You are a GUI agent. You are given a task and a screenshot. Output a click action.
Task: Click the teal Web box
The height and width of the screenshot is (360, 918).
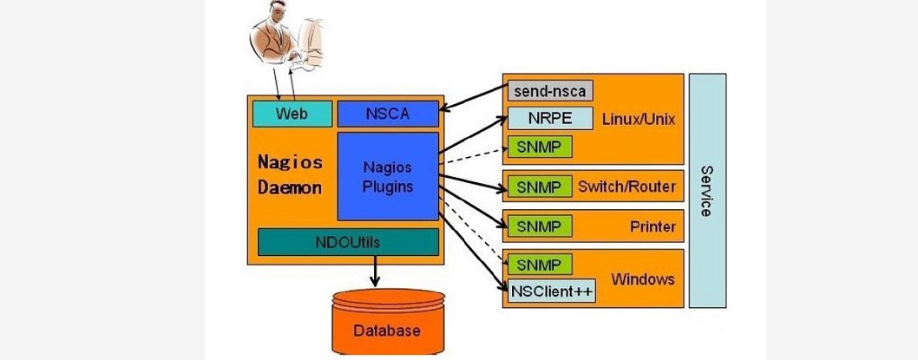tap(292, 114)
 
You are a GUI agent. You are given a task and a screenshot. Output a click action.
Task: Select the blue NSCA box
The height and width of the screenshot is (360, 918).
tap(387, 113)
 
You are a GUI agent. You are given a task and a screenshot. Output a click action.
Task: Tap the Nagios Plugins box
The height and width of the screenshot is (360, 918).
tap(387, 176)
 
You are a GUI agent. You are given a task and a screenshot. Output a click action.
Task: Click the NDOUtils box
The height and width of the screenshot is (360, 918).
tap(348, 242)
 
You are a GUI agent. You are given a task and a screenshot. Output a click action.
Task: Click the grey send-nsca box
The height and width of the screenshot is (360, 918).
tap(549, 90)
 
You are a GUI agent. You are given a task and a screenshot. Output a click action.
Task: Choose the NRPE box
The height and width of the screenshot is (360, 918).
tap(549, 118)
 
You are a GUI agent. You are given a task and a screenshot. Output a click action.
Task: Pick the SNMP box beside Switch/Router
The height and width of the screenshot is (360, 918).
tap(539, 187)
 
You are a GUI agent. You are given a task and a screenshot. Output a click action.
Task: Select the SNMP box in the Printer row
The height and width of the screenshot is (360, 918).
tap(539, 227)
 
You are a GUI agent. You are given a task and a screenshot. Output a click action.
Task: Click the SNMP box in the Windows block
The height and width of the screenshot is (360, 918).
tap(539, 265)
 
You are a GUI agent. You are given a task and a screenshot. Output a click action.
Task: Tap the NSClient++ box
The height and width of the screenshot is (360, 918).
tap(551, 291)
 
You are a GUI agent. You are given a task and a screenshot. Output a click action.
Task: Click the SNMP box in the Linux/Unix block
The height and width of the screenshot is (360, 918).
tap(539, 147)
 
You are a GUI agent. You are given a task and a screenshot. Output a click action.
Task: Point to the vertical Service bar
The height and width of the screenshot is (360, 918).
tap(707, 190)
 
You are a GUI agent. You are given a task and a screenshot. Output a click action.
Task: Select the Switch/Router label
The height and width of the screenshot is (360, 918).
tap(627, 187)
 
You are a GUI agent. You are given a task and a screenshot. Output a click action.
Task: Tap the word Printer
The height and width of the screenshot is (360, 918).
tap(652, 227)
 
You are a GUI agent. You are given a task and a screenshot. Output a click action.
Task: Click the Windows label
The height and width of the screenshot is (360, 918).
tap(643, 278)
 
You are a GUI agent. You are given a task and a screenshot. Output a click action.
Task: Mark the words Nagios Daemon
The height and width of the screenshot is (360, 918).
tap(291, 174)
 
